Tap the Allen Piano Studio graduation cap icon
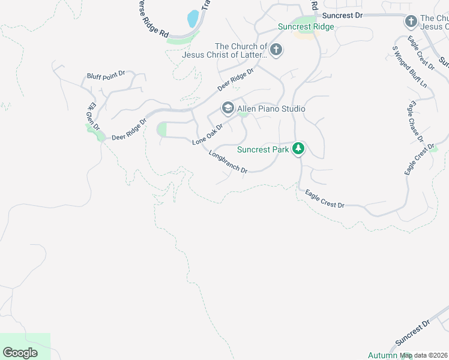click(x=228, y=109)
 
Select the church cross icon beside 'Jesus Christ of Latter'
click(x=276, y=50)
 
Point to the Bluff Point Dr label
click(x=106, y=74)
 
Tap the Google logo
click(x=20, y=353)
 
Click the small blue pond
click(x=193, y=18)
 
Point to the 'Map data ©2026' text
click(x=424, y=355)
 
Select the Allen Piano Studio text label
click(x=271, y=109)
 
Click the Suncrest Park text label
click(x=263, y=149)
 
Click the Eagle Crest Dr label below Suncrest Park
click(x=324, y=199)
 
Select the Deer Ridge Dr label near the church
click(x=236, y=79)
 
